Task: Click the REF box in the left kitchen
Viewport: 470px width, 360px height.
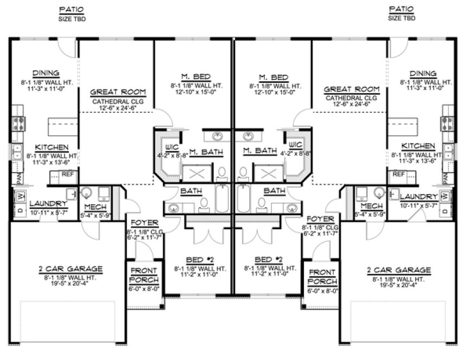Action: pyautogui.click(x=67, y=175)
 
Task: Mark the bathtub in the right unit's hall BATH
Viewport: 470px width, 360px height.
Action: pyautogui.click(x=243, y=200)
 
